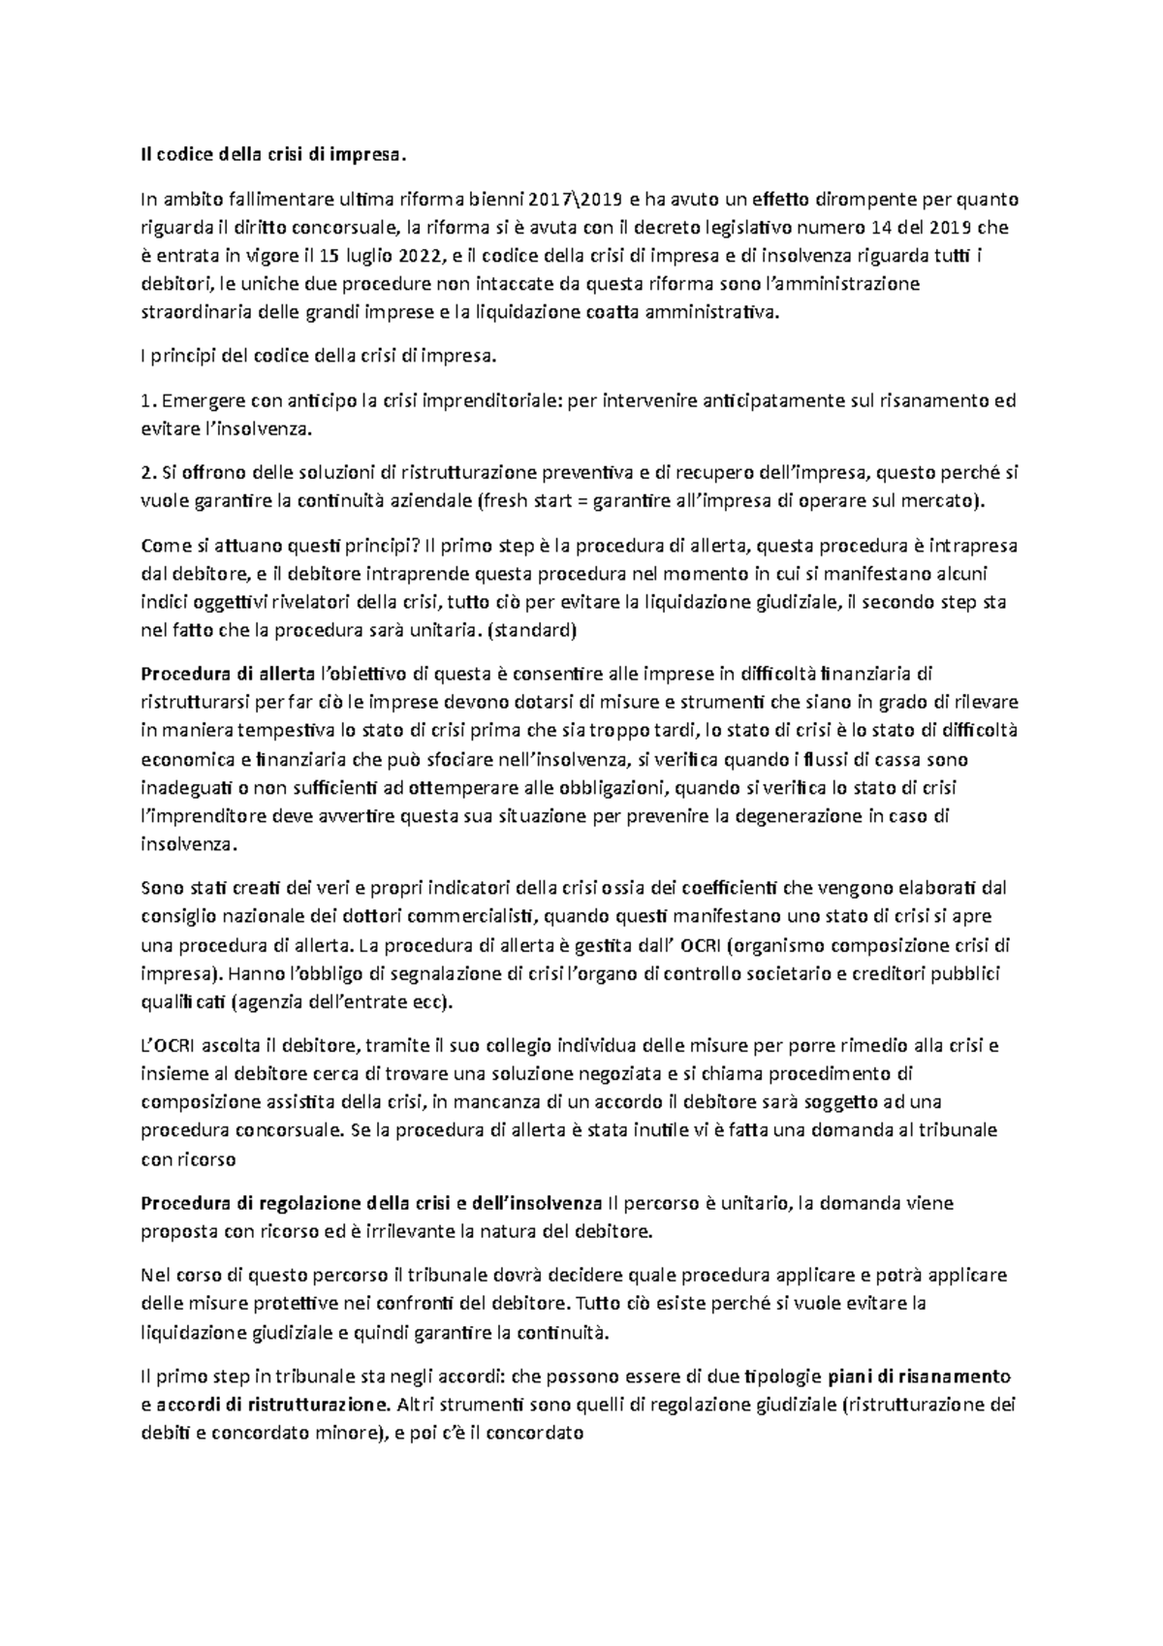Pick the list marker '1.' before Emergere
(148, 400)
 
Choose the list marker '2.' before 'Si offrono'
(148, 473)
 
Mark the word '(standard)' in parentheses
(535, 630)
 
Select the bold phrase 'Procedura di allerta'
(228, 674)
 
